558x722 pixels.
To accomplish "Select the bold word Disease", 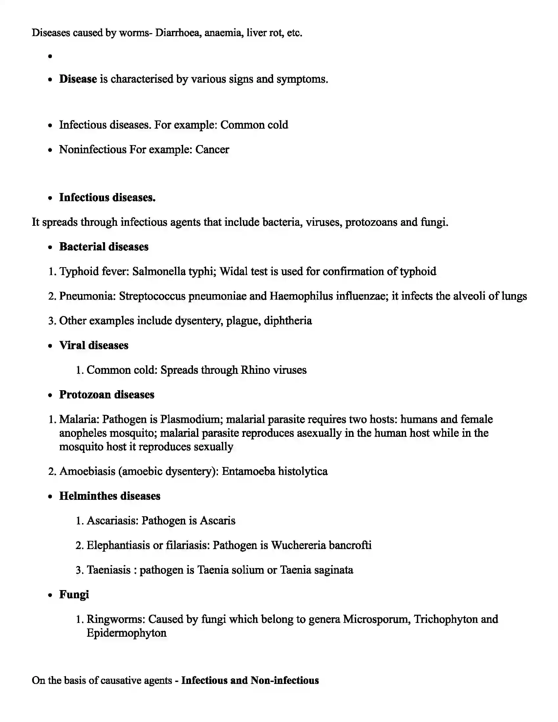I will point(78,79).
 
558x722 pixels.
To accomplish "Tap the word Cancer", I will point(212,149).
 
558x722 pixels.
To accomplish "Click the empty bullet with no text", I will point(50,56).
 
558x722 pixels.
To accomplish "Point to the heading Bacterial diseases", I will point(104,246).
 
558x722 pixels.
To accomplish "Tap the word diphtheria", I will point(288,321).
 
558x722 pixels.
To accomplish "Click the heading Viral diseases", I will point(94,345).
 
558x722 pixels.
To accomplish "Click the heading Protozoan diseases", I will point(106,394).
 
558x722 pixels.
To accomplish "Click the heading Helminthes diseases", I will point(109,496).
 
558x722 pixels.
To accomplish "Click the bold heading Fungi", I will point(74,594).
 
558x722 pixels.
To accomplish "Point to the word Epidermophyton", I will point(126,633).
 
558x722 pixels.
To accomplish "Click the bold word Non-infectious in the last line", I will point(285,680).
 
